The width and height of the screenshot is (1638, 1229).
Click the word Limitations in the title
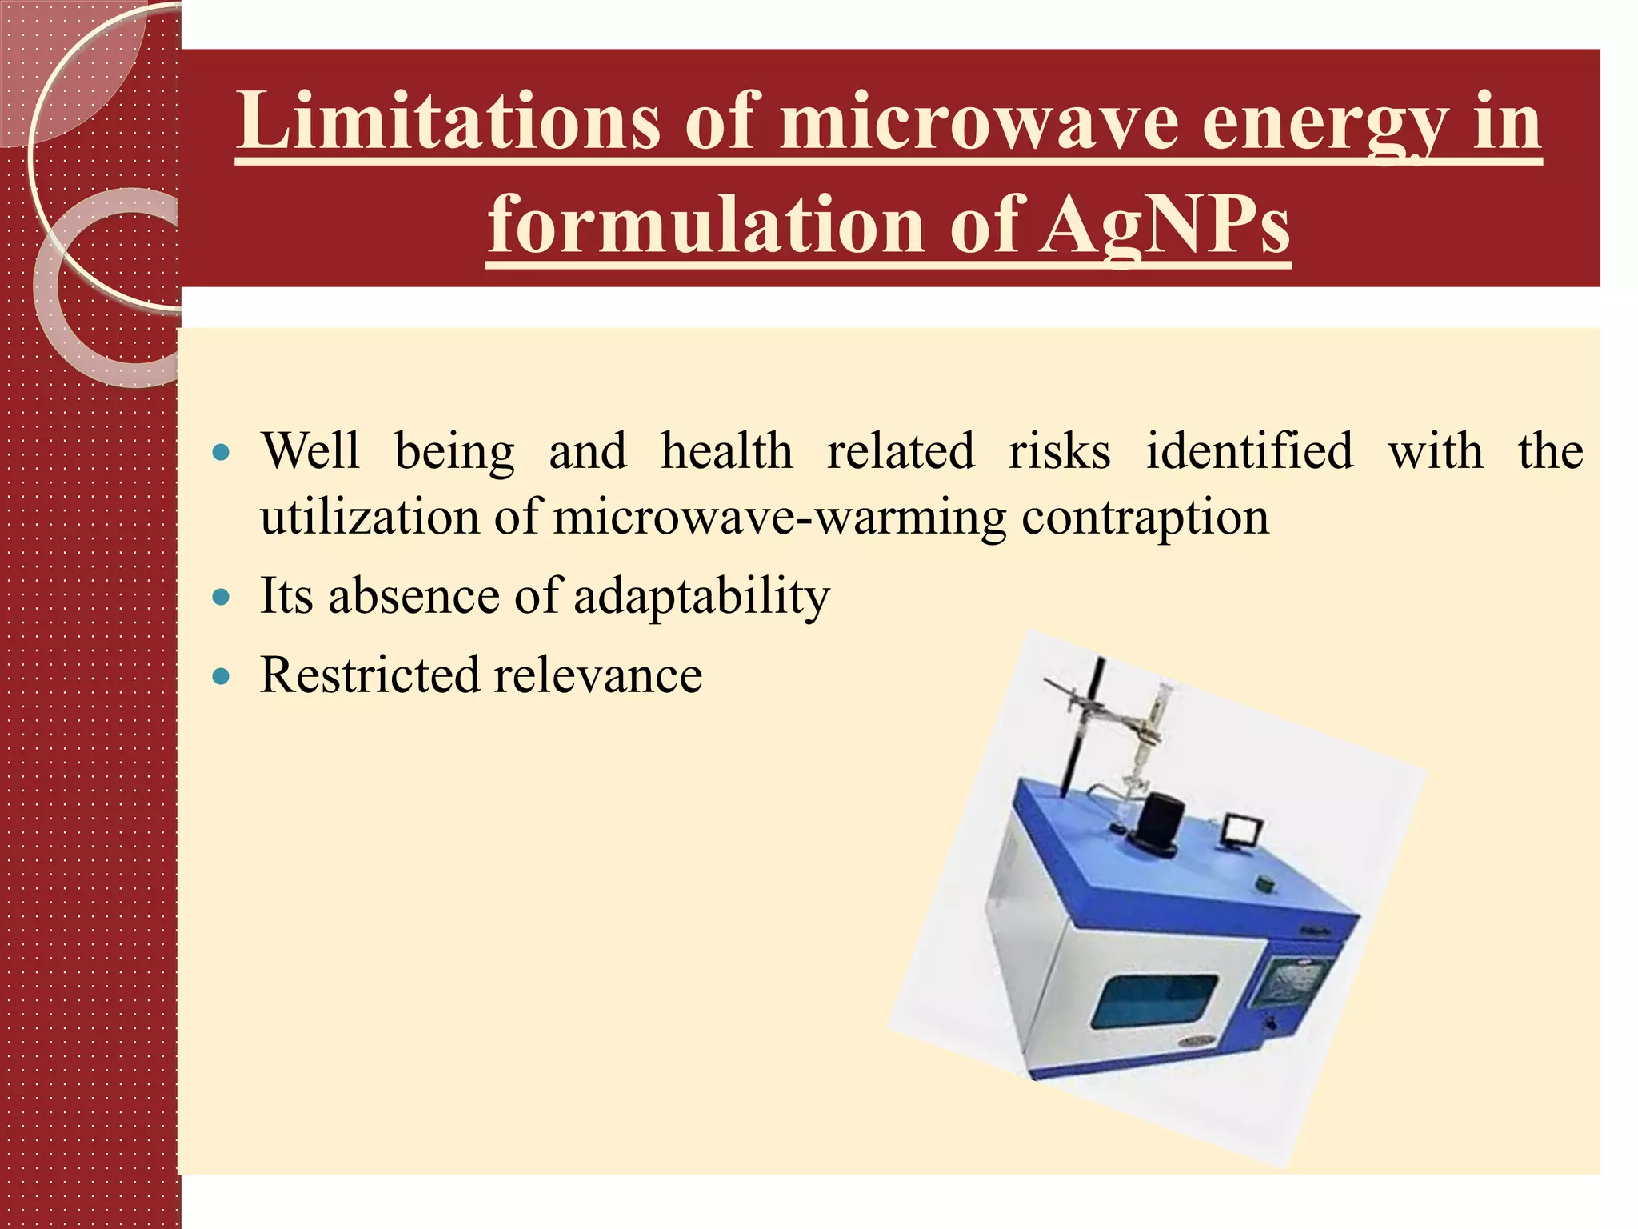(448, 122)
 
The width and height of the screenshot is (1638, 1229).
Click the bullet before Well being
(222, 453)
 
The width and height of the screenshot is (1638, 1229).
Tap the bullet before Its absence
(222, 597)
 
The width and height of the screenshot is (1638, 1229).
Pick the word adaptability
(701, 597)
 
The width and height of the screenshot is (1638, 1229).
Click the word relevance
(597, 676)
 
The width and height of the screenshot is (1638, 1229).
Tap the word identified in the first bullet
(1249, 451)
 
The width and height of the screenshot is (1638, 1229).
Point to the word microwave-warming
(779, 518)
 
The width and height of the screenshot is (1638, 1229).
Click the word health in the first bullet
(726, 451)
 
